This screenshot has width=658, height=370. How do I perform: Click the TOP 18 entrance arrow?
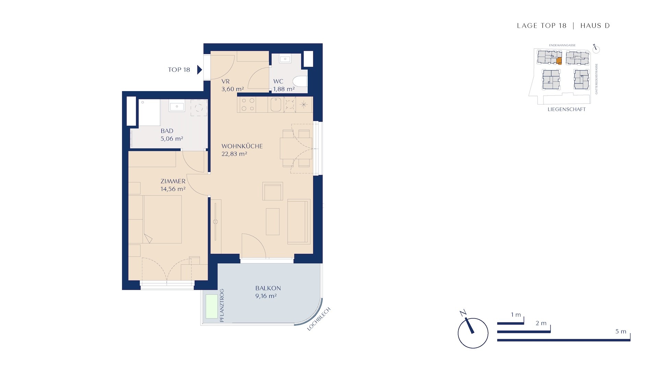click(199, 70)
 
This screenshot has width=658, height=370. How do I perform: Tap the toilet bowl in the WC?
click(300, 81)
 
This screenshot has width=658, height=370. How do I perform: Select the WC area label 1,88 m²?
click(284, 89)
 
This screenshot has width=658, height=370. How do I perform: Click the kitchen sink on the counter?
click(276, 104)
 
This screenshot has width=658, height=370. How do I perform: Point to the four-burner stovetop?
click(248, 104)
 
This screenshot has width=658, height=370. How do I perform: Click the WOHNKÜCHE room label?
click(242, 146)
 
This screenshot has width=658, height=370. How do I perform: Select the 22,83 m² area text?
click(234, 154)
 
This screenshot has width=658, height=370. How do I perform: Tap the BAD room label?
click(167, 131)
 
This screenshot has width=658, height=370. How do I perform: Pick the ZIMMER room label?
click(173, 181)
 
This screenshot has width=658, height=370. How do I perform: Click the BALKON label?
click(268, 288)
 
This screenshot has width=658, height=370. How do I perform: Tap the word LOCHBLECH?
click(319, 319)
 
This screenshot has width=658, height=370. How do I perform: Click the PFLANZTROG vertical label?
click(222, 305)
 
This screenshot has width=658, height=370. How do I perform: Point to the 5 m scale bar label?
click(621, 332)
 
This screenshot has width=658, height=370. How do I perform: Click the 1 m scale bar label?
click(516, 315)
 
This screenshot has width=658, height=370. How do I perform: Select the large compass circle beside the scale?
click(473, 333)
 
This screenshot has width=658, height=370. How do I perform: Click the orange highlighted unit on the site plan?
click(559, 61)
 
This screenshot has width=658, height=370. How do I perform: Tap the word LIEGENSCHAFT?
click(567, 110)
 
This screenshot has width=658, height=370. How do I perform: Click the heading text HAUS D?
click(595, 26)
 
